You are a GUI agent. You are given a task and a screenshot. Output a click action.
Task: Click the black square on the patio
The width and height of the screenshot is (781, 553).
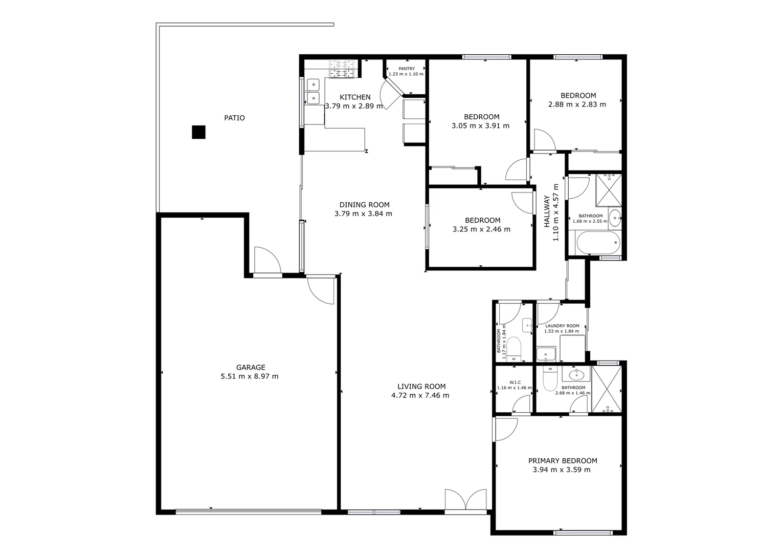click(198, 132)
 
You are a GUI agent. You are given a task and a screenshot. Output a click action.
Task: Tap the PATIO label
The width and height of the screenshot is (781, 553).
click(234, 118)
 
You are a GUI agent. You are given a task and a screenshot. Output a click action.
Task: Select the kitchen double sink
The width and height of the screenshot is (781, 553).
click(313, 91)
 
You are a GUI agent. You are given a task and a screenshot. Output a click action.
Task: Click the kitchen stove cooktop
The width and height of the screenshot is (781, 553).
click(341, 69)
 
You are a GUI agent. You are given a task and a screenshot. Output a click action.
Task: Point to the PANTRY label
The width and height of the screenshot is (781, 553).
click(407, 69)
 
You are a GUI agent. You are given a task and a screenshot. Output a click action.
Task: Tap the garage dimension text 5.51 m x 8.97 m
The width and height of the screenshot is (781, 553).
click(250, 376)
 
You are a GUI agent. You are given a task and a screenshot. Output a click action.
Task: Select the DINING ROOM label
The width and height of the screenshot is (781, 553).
click(364, 205)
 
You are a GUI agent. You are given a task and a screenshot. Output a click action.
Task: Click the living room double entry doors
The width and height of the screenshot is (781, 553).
click(465, 499)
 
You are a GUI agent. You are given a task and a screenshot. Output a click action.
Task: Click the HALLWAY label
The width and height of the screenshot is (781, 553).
click(547, 211)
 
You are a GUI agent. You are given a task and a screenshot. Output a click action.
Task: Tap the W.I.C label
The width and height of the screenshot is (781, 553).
click(515, 381)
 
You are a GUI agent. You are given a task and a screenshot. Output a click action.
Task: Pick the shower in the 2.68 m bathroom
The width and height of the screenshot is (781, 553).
click(607, 389)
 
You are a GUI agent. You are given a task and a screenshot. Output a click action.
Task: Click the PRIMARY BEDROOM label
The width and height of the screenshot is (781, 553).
click(563, 461)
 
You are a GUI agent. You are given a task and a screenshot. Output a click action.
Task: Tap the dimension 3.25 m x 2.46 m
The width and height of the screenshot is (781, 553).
click(481, 229)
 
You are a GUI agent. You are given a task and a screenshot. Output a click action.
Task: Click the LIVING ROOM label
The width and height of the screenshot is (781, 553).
click(421, 387)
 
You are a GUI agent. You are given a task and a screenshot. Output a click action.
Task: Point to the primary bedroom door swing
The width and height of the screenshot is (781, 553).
click(505, 429)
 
